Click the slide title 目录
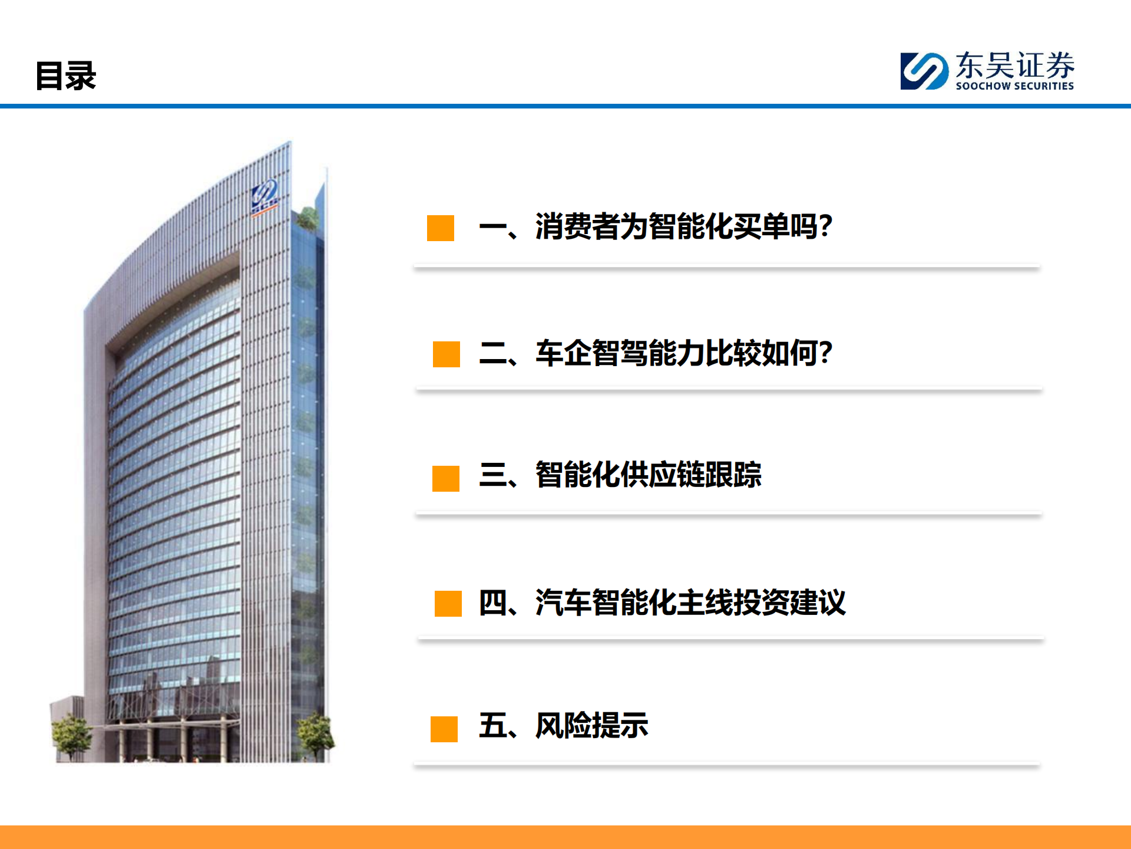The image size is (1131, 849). click(65, 75)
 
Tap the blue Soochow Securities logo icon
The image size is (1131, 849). click(924, 71)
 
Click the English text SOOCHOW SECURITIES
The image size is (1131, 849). click(1014, 86)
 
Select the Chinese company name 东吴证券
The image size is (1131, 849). click(1014, 65)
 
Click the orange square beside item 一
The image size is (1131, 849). click(441, 228)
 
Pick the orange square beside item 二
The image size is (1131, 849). click(447, 354)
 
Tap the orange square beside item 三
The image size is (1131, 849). click(446, 479)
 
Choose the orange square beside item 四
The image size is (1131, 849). click(448, 604)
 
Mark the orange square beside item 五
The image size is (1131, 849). click(444, 729)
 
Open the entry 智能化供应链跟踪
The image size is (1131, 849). click(648, 475)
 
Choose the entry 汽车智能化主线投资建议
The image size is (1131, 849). click(690, 603)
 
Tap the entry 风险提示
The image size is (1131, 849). click(591, 725)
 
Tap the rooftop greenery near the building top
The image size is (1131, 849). click(307, 218)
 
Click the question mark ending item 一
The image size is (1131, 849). click(825, 226)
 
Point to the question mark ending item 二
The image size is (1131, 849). click(825, 353)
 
